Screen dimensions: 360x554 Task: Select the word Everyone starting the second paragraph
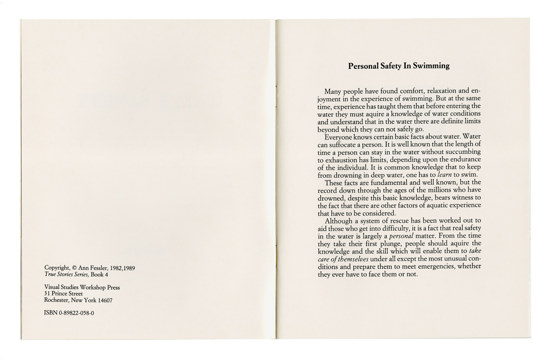click(340, 137)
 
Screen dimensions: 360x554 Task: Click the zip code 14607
click(103, 300)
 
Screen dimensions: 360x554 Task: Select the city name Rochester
click(56, 300)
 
